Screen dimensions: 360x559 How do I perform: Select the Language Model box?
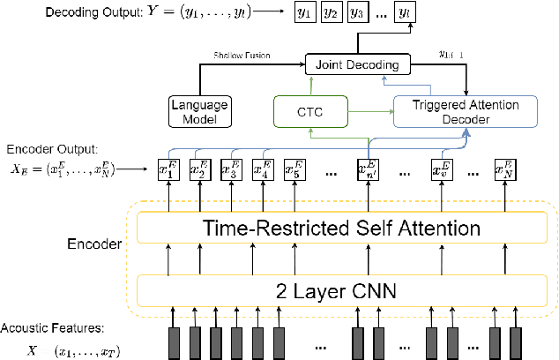click(198, 111)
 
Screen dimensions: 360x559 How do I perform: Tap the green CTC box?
click(309, 111)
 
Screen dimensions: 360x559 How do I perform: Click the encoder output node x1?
click(167, 169)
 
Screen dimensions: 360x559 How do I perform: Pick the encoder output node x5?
click(292, 169)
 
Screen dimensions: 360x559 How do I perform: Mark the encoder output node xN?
click(503, 169)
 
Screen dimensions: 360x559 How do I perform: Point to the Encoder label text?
click(93, 239)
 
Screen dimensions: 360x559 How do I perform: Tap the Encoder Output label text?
click(46, 149)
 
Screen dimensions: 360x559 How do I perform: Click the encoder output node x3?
click(229, 169)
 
